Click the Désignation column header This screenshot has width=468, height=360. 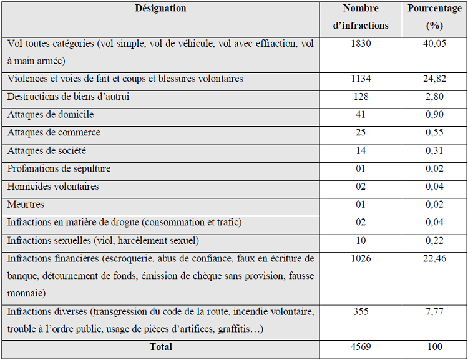pos(160,9)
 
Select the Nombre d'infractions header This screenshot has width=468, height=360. pos(361,17)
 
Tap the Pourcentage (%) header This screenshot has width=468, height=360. pos(434,17)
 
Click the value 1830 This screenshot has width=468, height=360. pos(361,44)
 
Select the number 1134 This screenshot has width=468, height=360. pos(361,79)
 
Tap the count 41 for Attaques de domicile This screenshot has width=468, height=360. pos(361,115)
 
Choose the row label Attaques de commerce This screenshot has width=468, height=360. pos(54,133)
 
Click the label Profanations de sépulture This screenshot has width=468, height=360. pos(59,169)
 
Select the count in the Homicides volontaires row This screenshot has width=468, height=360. pos(361,187)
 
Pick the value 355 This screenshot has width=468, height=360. pos(361,311)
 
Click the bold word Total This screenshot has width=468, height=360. pos(160,347)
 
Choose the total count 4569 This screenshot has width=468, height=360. pos(361,347)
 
